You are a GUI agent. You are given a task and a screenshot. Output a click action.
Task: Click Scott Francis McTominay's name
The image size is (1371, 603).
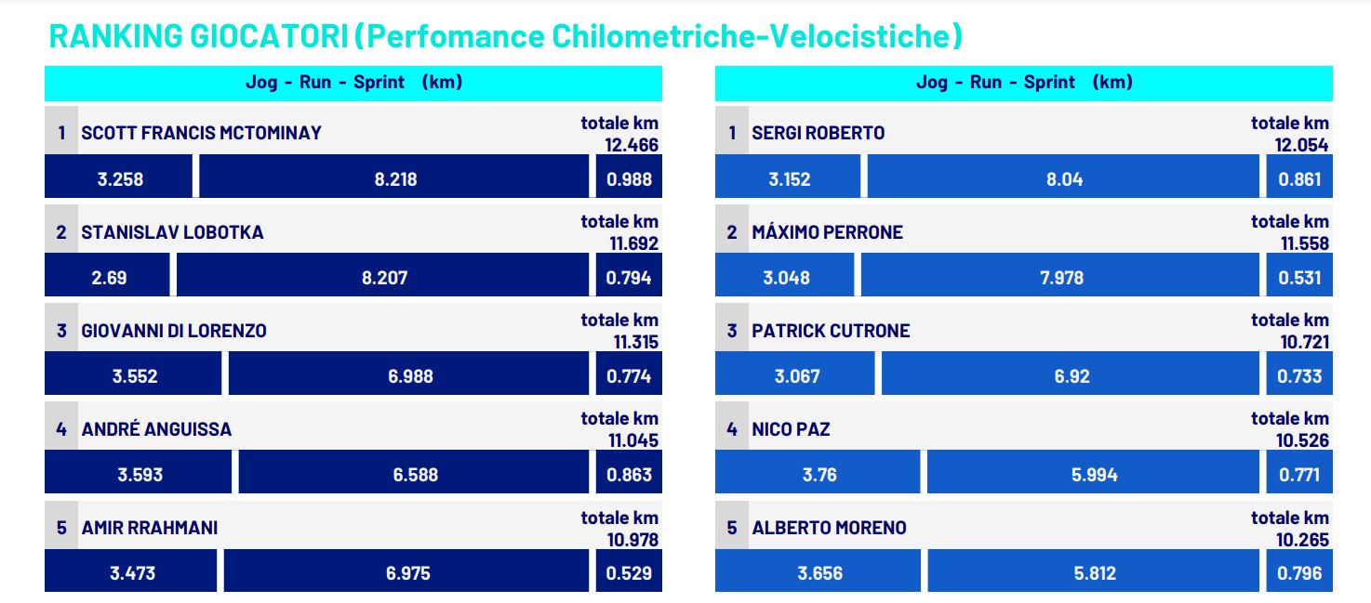(201, 133)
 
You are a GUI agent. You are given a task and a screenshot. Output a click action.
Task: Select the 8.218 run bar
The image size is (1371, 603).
(394, 179)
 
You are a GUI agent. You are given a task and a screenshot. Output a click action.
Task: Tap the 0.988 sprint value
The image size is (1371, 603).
(629, 179)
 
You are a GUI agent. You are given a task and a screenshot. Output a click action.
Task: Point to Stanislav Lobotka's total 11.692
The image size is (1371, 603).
(633, 243)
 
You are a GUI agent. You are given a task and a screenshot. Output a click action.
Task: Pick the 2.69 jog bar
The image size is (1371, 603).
(108, 278)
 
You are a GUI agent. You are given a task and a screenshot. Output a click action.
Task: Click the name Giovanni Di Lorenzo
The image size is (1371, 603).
(174, 331)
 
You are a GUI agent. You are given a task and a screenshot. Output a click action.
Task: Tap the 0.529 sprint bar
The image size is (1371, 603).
(629, 573)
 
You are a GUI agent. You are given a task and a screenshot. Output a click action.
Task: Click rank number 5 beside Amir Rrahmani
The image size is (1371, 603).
(61, 528)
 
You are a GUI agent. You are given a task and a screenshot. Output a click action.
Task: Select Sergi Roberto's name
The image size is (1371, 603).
(819, 133)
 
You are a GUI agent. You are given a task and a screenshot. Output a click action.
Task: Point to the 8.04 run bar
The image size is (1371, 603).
(1064, 179)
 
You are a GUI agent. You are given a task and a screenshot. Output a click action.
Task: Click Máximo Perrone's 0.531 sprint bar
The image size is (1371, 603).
(1298, 278)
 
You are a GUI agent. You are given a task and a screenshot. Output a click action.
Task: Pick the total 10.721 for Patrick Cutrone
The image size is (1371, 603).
(1304, 342)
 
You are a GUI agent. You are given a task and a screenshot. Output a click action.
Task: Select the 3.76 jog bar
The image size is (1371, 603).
(819, 475)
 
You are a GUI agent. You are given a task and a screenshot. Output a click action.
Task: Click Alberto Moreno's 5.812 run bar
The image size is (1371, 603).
(1094, 573)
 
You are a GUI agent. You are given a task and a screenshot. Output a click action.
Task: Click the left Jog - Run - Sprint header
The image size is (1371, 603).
(353, 83)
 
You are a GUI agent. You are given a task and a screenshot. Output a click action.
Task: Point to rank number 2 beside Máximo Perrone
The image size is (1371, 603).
(732, 232)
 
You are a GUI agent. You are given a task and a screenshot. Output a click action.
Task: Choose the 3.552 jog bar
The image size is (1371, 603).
(134, 376)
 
